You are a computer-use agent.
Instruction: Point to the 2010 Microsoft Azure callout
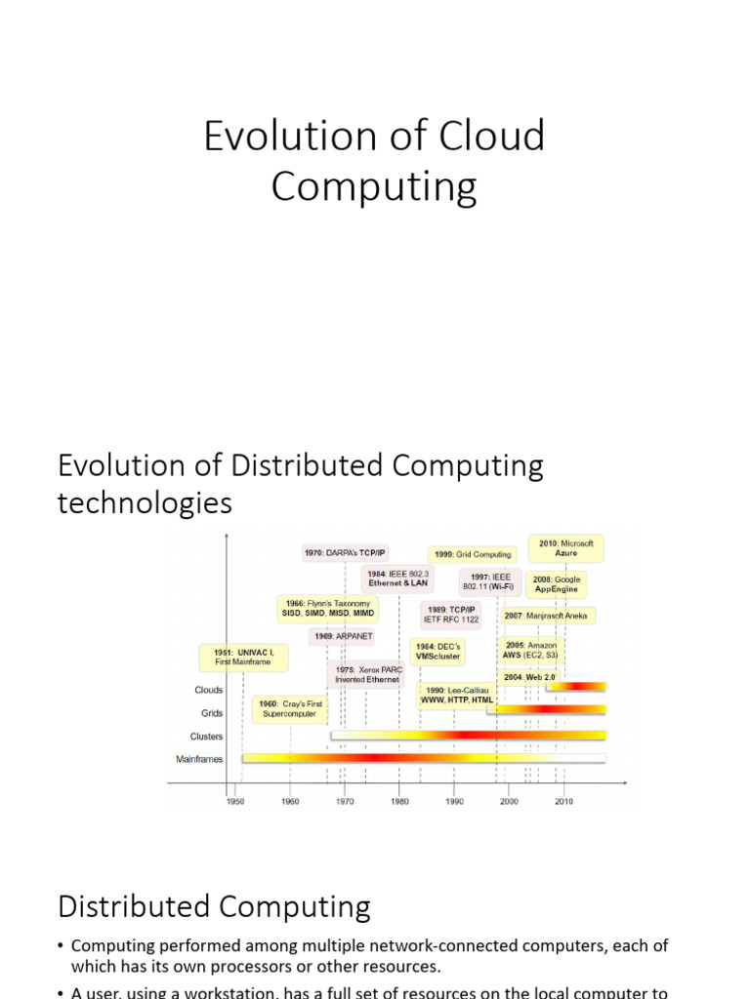point(566,547)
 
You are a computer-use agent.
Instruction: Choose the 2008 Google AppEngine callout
point(557,584)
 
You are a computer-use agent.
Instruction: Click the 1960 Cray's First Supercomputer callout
point(289,708)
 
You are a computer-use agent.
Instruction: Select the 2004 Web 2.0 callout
point(529,677)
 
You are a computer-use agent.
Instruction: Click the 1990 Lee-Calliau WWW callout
point(457,695)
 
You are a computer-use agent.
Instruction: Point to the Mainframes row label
point(199,758)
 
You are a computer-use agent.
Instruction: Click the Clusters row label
point(206,737)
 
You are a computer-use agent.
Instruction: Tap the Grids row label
point(212,713)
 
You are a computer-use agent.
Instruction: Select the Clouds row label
point(209,690)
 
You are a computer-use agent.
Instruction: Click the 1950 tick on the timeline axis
point(235,800)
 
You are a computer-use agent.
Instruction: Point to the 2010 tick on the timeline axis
point(563,800)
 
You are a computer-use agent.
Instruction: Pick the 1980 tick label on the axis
point(399,800)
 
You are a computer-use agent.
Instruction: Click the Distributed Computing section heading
point(214,907)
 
